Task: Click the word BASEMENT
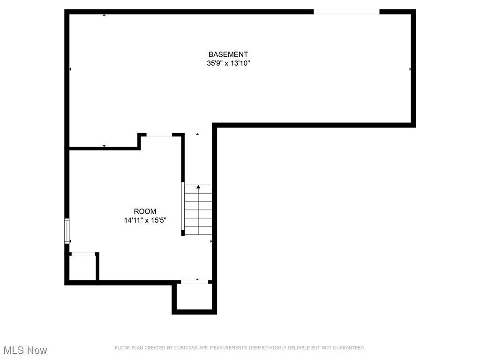coord(228,54)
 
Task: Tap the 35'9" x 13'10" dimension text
coord(228,63)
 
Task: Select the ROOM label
coord(145,211)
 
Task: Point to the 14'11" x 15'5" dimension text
coord(145,220)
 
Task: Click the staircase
coord(198,210)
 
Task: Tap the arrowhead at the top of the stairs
coord(198,187)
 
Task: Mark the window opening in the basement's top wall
coord(346,12)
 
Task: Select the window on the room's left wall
coord(67,231)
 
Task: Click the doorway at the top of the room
coord(159,135)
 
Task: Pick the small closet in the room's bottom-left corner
coord(82,268)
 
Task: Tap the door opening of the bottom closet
coord(195,282)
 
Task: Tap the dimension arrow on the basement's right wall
coord(410,69)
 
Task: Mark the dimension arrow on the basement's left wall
coord(70,69)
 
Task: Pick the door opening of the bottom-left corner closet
coord(83,255)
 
